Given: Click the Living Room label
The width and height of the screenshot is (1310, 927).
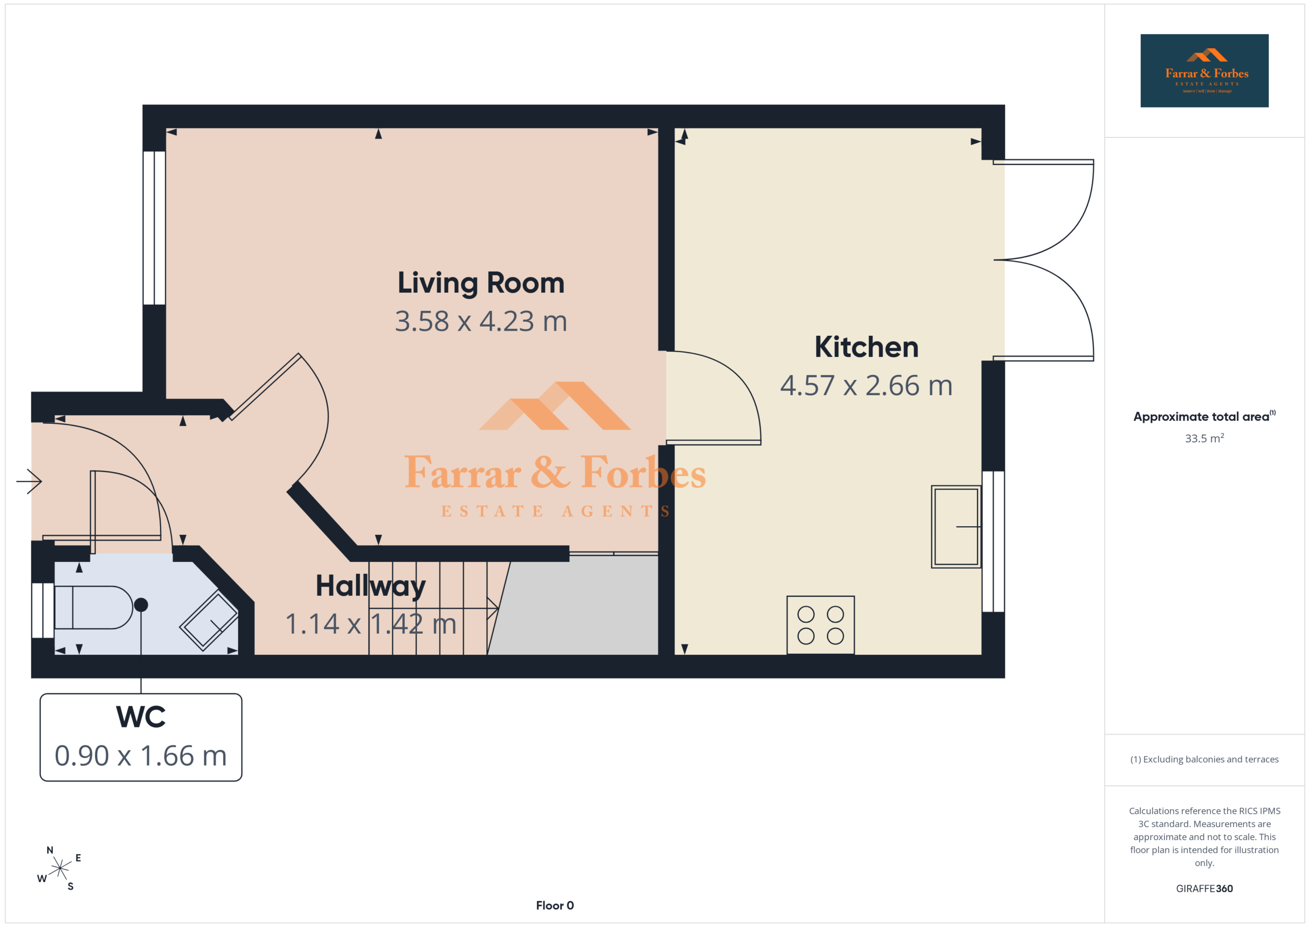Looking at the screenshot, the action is pos(481,284).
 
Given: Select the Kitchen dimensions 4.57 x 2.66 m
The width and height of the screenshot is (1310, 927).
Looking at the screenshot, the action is pos(866,385).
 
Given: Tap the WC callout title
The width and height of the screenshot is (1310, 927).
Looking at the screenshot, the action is pos(141,717).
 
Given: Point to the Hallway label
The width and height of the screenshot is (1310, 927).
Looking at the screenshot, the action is pos(371,587).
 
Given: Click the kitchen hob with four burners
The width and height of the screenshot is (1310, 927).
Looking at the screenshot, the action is pos(820,625).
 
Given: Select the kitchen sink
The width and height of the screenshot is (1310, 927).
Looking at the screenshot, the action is pos(956,526).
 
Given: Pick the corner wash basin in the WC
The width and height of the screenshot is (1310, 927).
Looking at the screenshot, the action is pos(209,620).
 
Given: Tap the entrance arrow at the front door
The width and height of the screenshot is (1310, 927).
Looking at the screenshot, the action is pos(29,481).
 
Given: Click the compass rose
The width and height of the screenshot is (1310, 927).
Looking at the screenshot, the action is pos(59,868).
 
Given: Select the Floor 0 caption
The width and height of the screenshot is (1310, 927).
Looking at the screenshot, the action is pos(555,906).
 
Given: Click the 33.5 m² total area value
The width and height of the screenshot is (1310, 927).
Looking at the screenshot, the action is pos(1204,438).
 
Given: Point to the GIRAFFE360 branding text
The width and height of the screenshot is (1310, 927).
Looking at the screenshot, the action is pos(1205,889).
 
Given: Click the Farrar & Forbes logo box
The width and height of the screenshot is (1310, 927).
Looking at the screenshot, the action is pos(1205,71).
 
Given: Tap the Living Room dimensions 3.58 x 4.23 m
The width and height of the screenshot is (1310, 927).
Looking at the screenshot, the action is pos(481,321).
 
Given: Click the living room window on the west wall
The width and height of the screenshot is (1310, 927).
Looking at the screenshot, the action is pos(154,228).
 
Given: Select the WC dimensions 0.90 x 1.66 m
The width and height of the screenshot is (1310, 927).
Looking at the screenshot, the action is pos(141,756).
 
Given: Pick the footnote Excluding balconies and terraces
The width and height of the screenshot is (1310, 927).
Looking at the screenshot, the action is pos(1205,759).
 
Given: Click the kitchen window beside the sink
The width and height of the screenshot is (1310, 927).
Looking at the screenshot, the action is pos(993,541).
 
